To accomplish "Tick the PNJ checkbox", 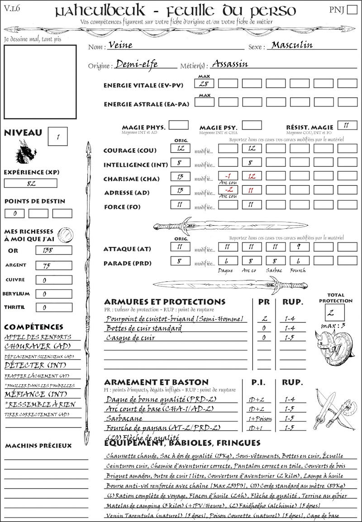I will pyautogui.click(x=352, y=10).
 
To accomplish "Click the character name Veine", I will pyautogui.click(x=119, y=45).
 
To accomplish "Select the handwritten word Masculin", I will pyautogui.click(x=292, y=45).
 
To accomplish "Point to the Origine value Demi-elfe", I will pyautogui.click(x=137, y=64).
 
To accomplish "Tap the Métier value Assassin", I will pyautogui.click(x=230, y=64).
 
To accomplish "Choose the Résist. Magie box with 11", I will pyautogui.click(x=347, y=125).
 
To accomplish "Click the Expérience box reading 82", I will pyautogui.click(x=31, y=183).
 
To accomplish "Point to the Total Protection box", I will pyautogui.click(x=335, y=312).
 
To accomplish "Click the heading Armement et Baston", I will pyautogui.click(x=156, y=382).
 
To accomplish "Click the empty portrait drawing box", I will pyautogui.click(x=40, y=81).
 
